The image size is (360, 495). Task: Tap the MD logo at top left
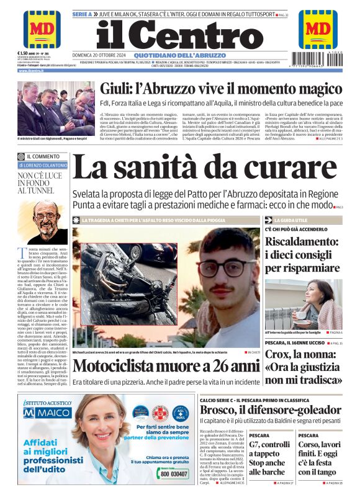point(41,28)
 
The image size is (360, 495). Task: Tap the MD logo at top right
point(318,28)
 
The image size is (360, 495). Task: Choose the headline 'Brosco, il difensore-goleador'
point(270,410)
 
